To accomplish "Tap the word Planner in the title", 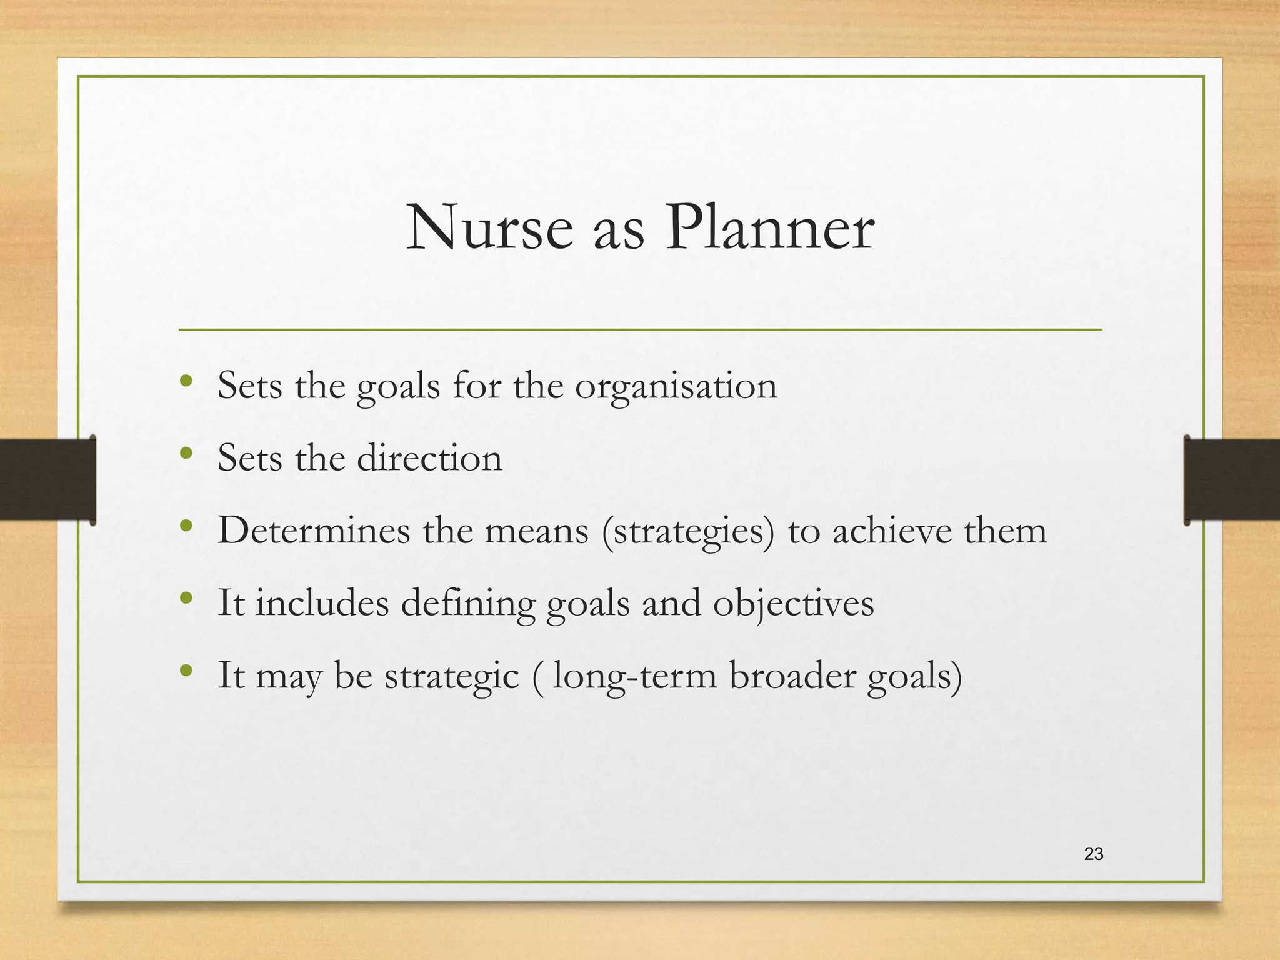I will point(769,229).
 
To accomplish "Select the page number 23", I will point(1094,854).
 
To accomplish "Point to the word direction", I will point(429,459).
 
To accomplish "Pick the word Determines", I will point(314,531).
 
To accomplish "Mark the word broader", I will point(792,676).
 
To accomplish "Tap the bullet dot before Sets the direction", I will point(185,452).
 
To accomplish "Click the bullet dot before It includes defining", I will point(185,598).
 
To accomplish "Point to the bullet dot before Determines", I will point(185,526).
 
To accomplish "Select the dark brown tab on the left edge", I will point(47,479).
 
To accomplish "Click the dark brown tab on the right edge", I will point(1231,479).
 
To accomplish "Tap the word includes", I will point(321,604).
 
